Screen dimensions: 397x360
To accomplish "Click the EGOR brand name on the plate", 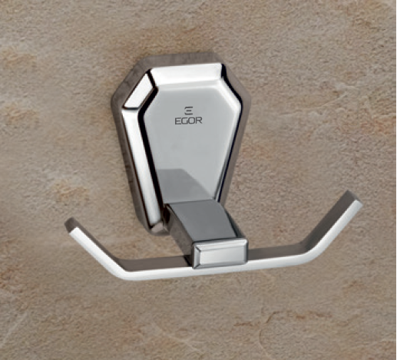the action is point(188,121).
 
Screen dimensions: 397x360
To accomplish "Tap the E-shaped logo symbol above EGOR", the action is point(189,111).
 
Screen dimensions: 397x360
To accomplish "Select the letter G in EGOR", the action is point(185,121).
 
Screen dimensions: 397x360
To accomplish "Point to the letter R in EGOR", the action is point(199,121).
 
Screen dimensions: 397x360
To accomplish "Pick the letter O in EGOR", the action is point(192,121).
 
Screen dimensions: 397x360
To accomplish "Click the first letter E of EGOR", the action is point(178,121).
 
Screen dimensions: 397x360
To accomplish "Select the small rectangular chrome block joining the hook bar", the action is point(220,253).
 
